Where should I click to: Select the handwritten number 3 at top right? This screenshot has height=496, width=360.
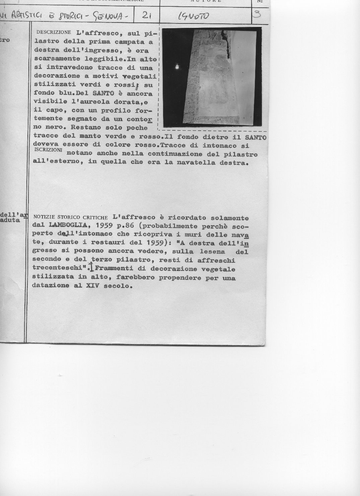257,14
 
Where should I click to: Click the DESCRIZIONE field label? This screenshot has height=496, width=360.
54,33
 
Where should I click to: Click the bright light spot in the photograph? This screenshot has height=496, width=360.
176,67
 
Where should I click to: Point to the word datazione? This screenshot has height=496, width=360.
51,286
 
